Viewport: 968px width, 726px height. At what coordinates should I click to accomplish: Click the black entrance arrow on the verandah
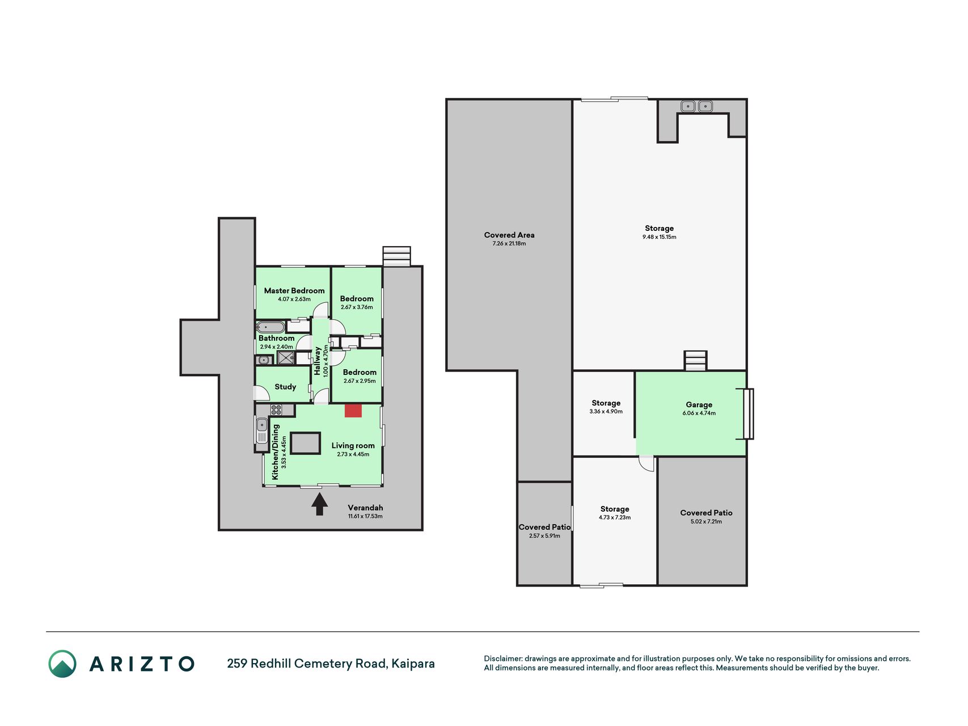point(319,504)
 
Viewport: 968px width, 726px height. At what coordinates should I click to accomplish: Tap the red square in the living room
point(353,411)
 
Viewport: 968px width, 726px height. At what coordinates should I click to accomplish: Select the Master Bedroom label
point(294,290)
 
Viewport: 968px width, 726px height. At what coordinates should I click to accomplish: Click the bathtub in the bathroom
point(270,327)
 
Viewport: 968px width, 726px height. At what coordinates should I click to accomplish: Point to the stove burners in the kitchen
point(276,410)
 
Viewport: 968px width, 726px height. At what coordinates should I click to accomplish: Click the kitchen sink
point(261,431)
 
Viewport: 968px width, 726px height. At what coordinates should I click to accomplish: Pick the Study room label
point(285,387)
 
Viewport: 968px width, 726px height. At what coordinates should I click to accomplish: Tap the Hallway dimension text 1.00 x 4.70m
point(326,361)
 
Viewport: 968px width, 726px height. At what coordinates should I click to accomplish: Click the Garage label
point(699,404)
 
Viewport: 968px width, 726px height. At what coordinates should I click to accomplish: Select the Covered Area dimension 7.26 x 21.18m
point(509,243)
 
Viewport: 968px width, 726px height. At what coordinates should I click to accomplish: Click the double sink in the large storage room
point(696,106)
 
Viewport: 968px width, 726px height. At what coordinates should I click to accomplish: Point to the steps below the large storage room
point(695,361)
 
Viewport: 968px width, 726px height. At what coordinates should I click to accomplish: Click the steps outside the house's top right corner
point(396,256)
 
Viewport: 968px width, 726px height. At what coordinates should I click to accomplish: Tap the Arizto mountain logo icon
point(62,664)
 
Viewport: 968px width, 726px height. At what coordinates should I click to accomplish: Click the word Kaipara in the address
point(413,664)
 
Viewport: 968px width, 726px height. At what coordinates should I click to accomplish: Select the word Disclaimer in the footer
point(502,659)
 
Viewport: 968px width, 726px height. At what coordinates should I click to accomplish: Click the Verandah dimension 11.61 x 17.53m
point(365,516)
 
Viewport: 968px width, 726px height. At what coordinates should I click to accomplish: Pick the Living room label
point(353,446)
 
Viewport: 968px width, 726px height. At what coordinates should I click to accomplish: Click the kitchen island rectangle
point(306,443)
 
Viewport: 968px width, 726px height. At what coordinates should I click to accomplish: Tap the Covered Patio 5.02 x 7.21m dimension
point(706,521)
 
